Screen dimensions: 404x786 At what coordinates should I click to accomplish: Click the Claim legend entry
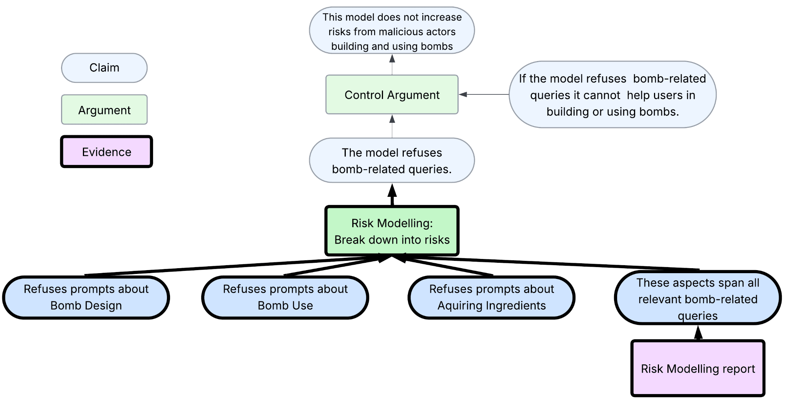pos(104,68)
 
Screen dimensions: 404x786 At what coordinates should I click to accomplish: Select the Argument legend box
pos(104,110)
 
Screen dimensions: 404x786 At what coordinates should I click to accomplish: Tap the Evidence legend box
pos(106,152)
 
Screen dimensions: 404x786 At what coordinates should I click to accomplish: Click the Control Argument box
pos(392,95)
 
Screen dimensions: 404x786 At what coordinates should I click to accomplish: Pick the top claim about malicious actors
pos(392,31)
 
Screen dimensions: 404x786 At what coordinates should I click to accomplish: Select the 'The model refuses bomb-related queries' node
pos(392,161)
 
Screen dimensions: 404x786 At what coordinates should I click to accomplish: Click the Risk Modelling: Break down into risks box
pos(392,231)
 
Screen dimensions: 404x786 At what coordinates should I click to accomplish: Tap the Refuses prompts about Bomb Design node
pos(86,297)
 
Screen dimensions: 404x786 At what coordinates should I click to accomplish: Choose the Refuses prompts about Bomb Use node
pos(285,297)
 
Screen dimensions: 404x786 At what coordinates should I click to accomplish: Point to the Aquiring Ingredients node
pos(492,297)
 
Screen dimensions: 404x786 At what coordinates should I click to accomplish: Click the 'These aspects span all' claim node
pos(698,299)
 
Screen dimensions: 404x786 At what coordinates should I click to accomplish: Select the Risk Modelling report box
pos(698,369)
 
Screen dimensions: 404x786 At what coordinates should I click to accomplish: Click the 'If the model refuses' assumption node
pos(612,95)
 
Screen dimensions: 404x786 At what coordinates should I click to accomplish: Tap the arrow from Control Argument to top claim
pos(392,64)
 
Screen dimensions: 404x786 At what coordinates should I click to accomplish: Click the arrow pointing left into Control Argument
pos(484,94)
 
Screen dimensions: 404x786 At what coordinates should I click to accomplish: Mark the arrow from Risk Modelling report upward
pos(698,333)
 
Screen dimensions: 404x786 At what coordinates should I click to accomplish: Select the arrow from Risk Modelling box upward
pos(392,195)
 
